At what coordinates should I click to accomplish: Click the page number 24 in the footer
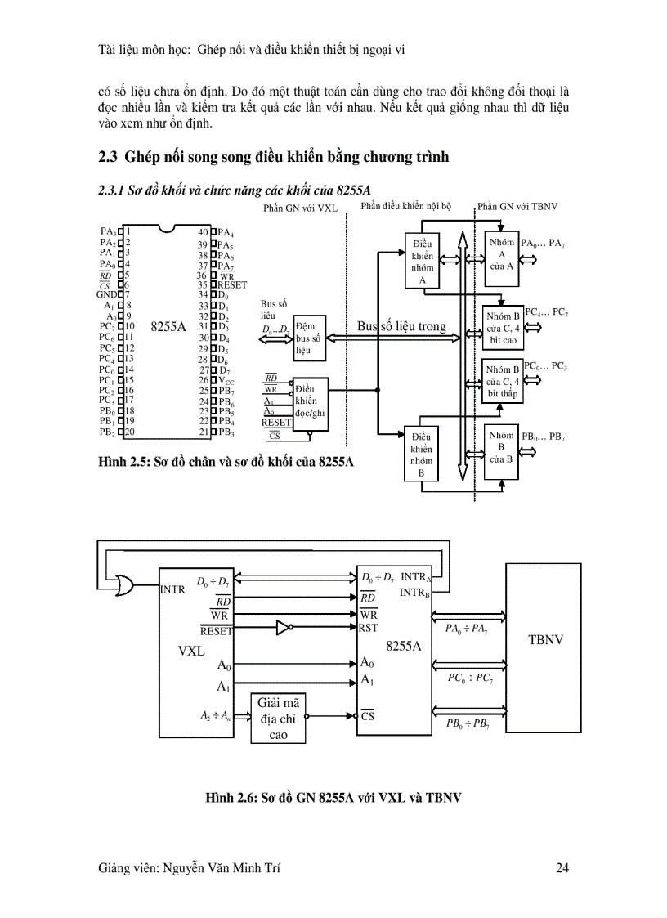point(562,868)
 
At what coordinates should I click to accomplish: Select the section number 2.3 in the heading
point(107,157)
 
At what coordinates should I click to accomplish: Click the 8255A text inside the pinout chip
point(169,325)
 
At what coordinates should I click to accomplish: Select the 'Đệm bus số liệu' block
point(309,338)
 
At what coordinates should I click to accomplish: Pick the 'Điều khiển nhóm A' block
point(423,261)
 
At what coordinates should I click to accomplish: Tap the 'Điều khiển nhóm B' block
point(422,455)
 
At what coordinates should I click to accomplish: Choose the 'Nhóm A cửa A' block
point(502,254)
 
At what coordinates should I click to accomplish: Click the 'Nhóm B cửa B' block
point(501,447)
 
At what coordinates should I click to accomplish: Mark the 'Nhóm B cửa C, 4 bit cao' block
point(503,328)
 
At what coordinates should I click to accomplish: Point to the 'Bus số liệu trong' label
point(401,326)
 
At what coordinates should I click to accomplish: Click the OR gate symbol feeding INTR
point(128,585)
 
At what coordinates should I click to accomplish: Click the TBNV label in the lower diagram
point(546,639)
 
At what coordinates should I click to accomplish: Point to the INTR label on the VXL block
point(173,588)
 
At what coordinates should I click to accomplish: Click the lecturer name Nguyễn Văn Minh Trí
point(192,868)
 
